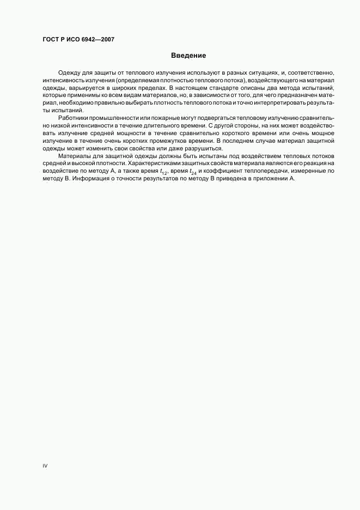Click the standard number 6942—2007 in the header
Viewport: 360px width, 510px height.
click(x=100, y=40)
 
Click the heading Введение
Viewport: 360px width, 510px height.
click(x=188, y=56)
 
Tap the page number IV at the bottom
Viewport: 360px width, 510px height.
click(x=45, y=466)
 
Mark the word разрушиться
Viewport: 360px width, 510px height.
click(x=205, y=149)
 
